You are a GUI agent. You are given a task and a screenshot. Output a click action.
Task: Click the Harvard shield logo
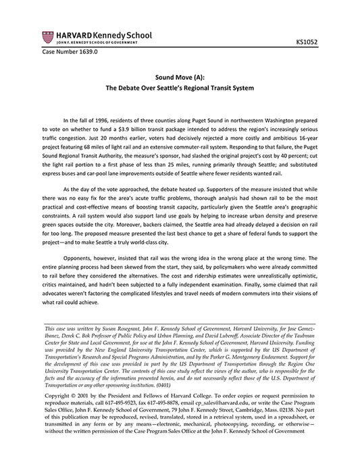(47, 36)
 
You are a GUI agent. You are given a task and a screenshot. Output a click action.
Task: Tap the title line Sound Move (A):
(180, 78)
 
